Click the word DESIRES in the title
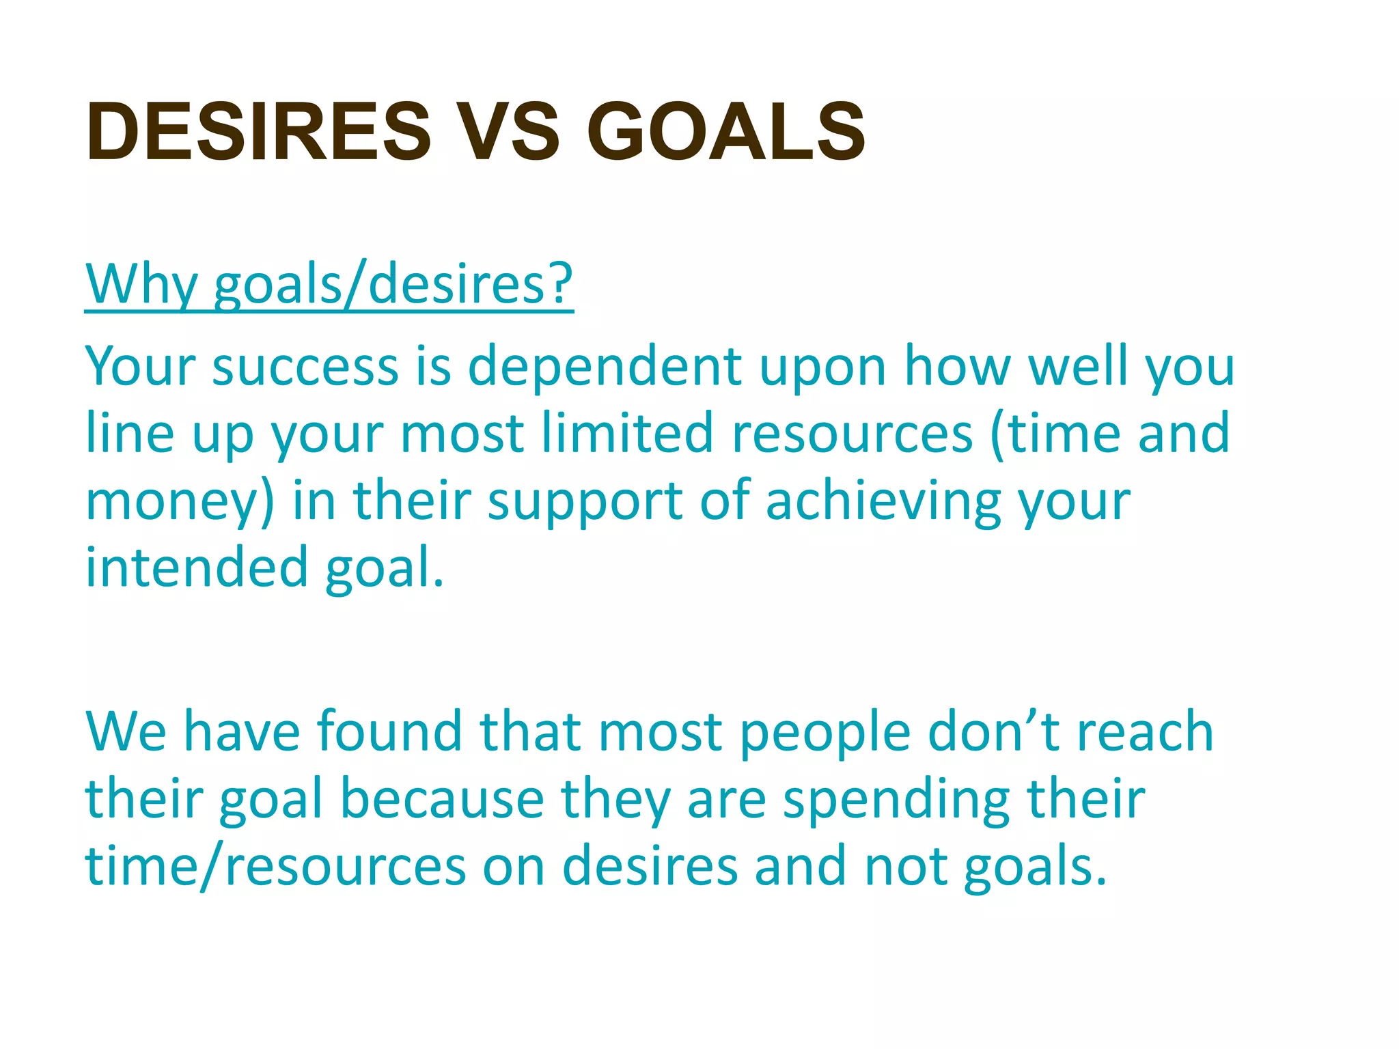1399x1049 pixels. (258, 131)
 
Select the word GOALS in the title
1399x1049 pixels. (725, 131)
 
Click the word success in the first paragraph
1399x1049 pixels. (305, 367)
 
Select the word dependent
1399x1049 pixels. (605, 367)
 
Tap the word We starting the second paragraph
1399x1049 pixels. (126, 731)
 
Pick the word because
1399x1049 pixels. (442, 799)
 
